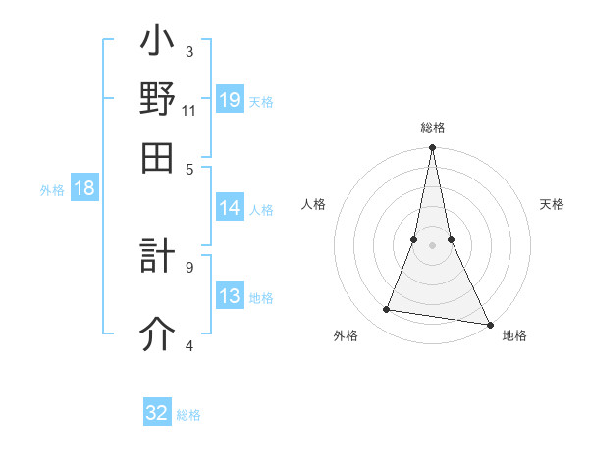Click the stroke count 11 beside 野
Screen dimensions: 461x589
188,110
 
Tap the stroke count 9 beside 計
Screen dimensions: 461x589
188,265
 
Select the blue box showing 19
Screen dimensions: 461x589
230,99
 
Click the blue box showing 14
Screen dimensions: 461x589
230,208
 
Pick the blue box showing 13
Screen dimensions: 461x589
230,296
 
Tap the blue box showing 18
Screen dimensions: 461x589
84,189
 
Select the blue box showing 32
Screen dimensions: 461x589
157,413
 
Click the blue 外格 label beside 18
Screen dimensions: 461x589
52,190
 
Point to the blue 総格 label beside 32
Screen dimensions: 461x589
188,414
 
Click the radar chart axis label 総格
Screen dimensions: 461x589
433,128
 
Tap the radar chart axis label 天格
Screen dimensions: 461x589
553,204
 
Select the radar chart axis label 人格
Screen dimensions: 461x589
313,204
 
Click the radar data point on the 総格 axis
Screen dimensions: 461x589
432,148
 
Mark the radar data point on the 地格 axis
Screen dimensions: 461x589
488,324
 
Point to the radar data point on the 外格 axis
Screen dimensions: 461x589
387,310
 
